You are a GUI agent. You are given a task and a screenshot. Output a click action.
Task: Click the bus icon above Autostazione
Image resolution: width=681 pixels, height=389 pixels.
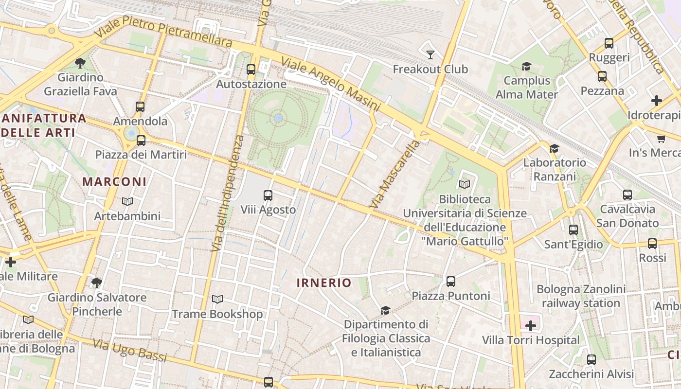click(x=251, y=70)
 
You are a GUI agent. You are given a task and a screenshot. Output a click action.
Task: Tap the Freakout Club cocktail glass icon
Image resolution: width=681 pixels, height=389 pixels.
click(x=430, y=54)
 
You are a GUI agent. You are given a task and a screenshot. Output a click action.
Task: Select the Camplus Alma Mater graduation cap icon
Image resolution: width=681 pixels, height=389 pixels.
click(x=526, y=66)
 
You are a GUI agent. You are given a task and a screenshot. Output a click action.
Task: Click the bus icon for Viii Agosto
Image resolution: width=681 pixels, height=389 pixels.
click(x=268, y=195)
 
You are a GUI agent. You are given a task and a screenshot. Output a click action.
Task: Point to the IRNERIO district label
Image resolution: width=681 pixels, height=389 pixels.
click(x=324, y=283)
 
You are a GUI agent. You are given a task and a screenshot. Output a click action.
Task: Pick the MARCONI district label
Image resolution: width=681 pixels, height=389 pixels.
click(x=114, y=182)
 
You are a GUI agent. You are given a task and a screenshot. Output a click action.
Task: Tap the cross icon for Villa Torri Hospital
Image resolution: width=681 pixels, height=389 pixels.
click(x=531, y=326)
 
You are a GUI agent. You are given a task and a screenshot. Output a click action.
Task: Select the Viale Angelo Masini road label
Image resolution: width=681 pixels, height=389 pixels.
click(x=330, y=83)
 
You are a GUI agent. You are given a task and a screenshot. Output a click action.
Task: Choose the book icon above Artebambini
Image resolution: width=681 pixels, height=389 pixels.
click(x=127, y=201)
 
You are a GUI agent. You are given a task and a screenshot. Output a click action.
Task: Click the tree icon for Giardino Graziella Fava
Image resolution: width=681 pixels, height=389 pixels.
click(x=80, y=63)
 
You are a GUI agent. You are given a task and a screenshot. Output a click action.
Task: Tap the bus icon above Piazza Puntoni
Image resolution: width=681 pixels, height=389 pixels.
click(x=451, y=281)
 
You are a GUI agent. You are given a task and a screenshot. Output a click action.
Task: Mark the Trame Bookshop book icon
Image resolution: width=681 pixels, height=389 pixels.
click(x=217, y=300)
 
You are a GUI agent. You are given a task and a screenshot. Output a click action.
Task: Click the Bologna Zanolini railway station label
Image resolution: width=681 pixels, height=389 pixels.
click(x=581, y=296)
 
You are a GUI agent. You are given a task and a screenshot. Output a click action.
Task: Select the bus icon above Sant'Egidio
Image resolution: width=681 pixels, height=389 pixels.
click(x=573, y=230)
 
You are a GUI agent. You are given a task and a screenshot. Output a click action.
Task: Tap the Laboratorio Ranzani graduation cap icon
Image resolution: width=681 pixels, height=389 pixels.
click(x=554, y=148)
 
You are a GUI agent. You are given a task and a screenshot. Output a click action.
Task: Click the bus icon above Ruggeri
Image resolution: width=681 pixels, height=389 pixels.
click(x=609, y=43)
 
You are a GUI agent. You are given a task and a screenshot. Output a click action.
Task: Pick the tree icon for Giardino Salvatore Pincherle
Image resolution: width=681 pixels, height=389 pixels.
click(x=97, y=283)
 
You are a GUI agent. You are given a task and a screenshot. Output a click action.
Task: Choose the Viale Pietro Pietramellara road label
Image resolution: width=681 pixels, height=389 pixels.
click(x=164, y=31)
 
